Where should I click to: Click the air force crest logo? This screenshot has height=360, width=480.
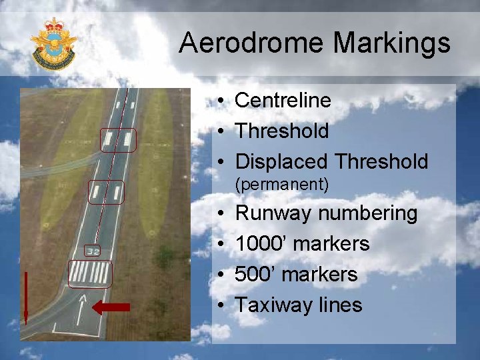(53, 43)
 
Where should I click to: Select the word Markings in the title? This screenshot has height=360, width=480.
(391, 43)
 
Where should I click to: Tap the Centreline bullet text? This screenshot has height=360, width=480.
(283, 101)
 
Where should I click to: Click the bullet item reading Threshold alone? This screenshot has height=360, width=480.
(281, 131)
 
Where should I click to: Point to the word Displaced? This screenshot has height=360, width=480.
(282, 162)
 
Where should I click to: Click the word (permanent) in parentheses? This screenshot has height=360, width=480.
(282, 185)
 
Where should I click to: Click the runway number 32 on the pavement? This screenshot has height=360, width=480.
(93, 251)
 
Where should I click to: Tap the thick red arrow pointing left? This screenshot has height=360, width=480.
(111, 307)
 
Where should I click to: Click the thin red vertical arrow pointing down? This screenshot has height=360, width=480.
(25, 297)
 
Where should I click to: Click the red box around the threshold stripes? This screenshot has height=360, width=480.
(90, 274)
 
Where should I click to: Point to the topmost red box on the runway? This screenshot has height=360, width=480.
(118, 141)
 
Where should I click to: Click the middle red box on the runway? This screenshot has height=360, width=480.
(106, 192)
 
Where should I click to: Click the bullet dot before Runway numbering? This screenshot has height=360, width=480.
(219, 214)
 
